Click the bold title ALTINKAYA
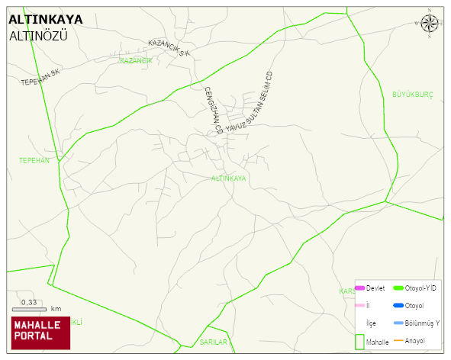click(46, 20)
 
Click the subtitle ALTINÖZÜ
click(38, 35)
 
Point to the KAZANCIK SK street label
click(169, 48)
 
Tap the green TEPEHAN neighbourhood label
click(34, 160)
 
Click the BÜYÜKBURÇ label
click(412, 95)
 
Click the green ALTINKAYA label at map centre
click(228, 178)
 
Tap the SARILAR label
click(214, 342)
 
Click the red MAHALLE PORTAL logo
click(40, 333)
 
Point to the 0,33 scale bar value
click(29, 303)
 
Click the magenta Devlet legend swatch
click(360, 288)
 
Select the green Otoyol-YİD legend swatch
click(398, 288)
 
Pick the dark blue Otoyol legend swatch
click(398, 306)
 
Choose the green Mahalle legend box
click(359, 342)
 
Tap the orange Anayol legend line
click(398, 340)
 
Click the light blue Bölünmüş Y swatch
click(398, 323)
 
